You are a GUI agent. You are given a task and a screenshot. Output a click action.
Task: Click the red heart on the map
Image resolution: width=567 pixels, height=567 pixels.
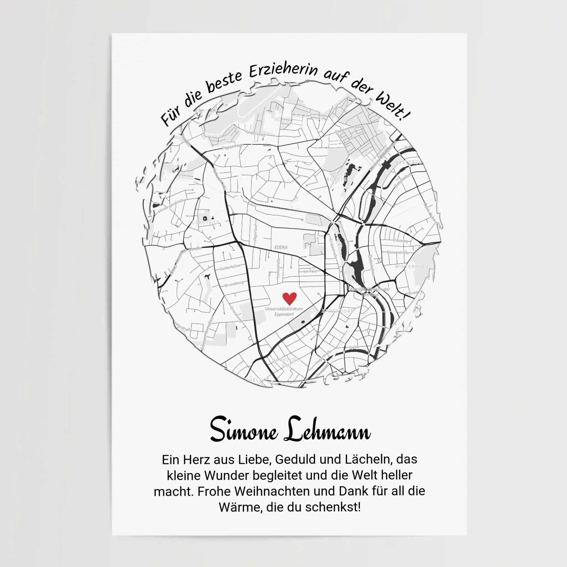point(289,298)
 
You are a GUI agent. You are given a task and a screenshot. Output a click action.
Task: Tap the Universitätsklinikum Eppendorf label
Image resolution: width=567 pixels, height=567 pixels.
point(284,312)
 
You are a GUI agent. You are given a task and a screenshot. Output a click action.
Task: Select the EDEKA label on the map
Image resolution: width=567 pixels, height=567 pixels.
point(281,248)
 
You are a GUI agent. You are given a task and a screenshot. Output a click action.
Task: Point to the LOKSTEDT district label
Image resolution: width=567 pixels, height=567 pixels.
point(205,223)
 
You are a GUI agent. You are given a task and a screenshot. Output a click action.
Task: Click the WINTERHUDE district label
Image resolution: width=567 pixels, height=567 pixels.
point(412,267)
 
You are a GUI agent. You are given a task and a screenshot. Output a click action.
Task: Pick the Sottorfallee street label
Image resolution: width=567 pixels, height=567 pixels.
point(230,267)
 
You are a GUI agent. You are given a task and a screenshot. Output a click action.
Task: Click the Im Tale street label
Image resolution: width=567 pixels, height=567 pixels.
point(310,272)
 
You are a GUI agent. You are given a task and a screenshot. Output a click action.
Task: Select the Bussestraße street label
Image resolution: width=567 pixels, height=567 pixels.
point(398,252)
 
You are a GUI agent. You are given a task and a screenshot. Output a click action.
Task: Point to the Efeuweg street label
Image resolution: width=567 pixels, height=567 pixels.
point(400,241)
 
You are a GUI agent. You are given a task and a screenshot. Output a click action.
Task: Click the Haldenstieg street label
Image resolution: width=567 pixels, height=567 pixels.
point(255,133)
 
